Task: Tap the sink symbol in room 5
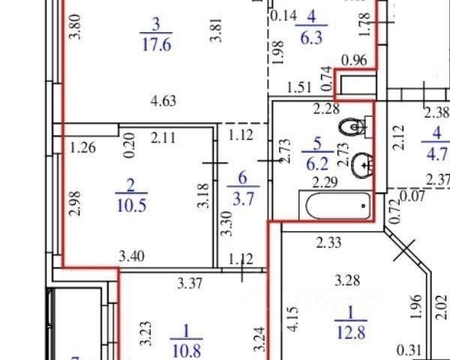point(363,160)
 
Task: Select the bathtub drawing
point(336,202)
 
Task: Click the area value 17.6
point(157,43)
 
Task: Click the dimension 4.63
point(163,101)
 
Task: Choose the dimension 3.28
point(347,282)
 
